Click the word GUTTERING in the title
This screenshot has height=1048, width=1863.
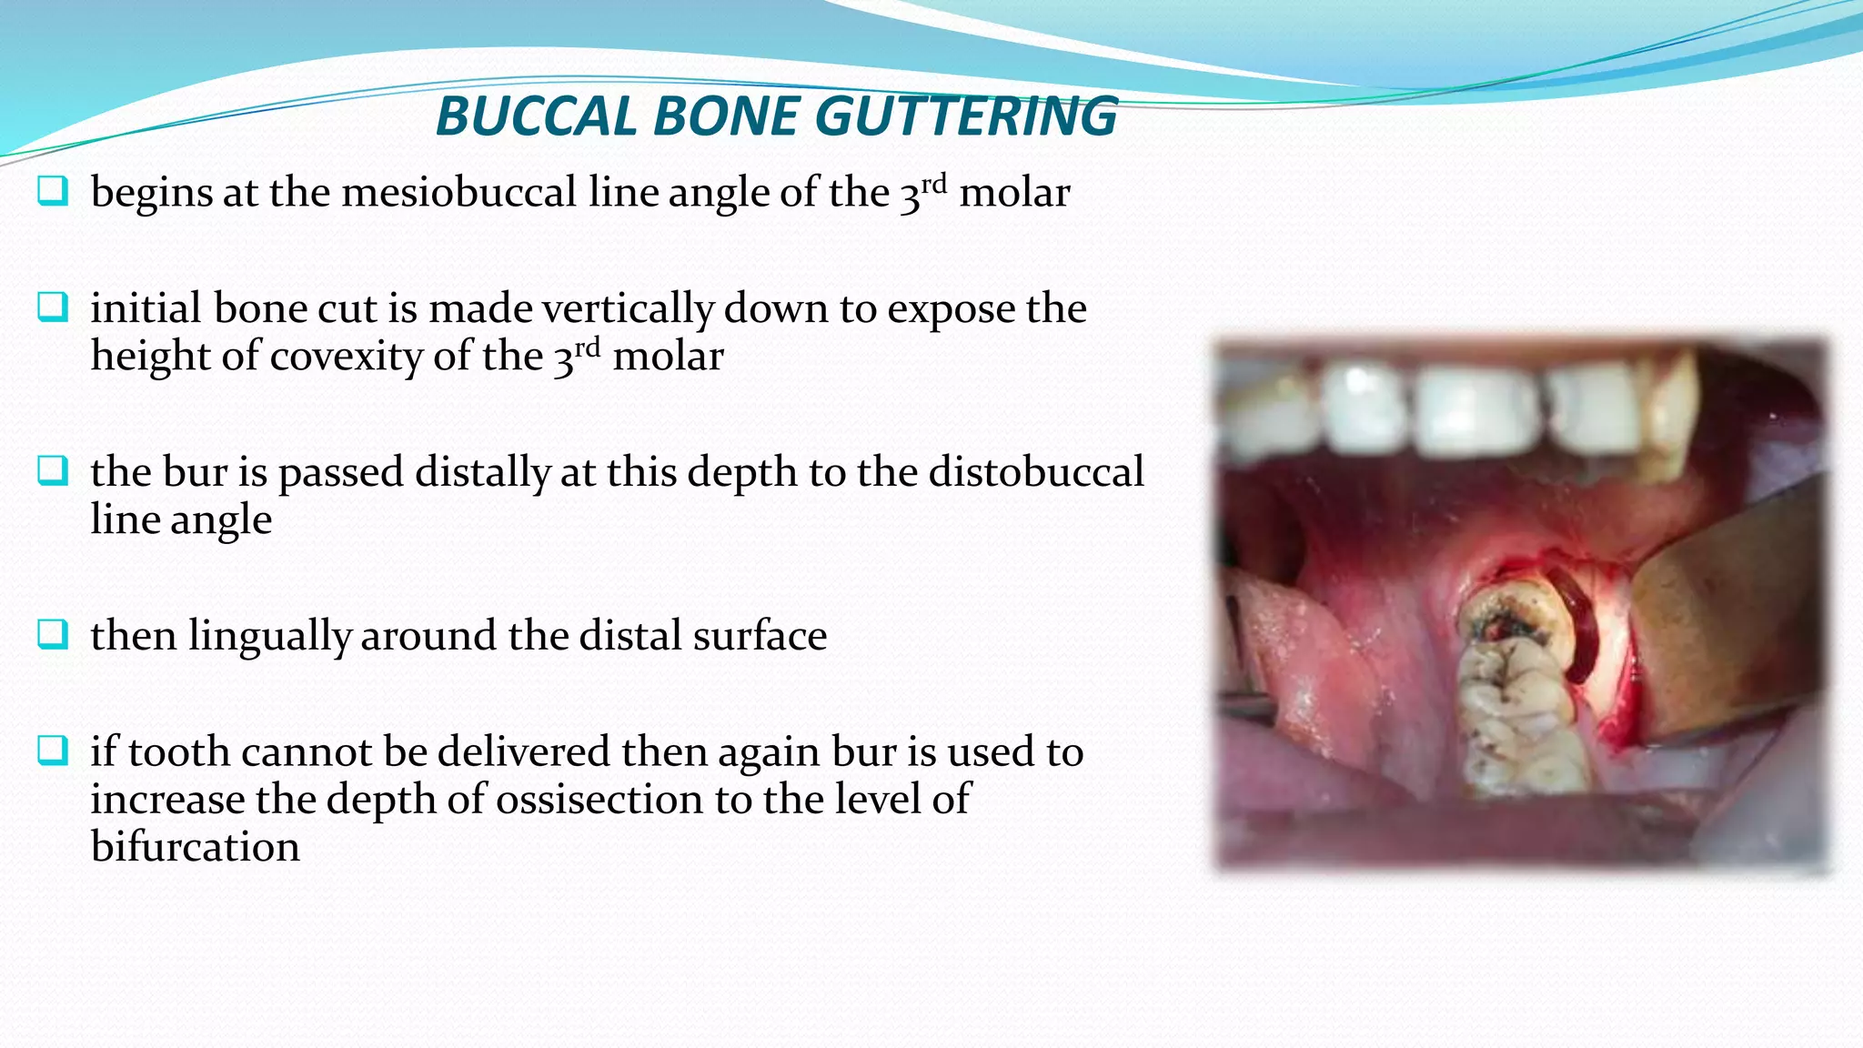966,116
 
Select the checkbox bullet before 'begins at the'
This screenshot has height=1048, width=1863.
53,191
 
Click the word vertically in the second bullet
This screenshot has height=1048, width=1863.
628,308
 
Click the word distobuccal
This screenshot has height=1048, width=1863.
1036,472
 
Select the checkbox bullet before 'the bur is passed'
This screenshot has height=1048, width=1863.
53,471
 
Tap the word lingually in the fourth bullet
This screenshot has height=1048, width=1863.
269,636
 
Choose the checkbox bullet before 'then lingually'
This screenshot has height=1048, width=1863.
53,634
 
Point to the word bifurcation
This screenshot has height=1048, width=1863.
195,847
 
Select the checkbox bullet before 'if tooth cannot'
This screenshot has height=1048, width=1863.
53,751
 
